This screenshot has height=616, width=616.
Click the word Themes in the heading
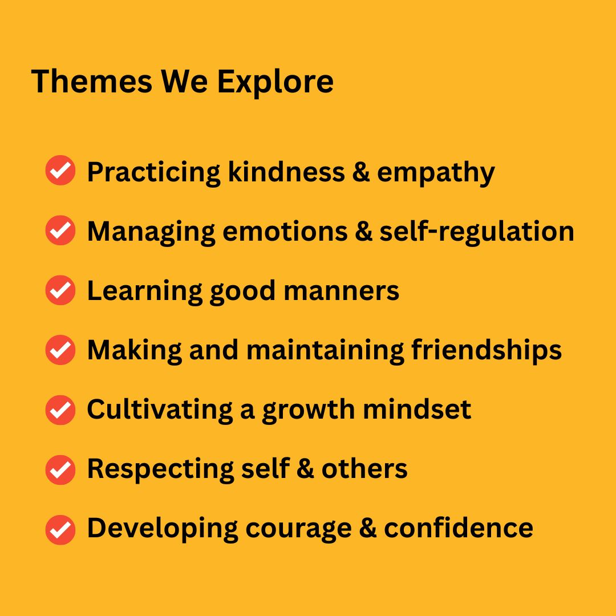click(x=91, y=82)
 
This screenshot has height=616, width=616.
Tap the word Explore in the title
click(x=275, y=83)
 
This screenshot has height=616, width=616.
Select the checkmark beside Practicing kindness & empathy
click(x=60, y=170)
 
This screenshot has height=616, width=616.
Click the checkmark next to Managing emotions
click(x=60, y=230)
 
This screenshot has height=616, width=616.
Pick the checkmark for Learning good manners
click(x=60, y=290)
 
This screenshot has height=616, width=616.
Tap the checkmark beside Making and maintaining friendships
click(x=60, y=350)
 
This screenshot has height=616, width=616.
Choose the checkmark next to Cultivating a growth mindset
click(x=60, y=410)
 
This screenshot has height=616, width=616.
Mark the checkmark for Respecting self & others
click(x=60, y=469)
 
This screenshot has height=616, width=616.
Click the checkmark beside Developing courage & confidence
click(x=60, y=529)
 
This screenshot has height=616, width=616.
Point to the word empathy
click(x=436, y=173)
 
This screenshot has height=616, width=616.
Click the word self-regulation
click(x=476, y=232)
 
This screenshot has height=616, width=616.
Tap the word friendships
click(x=487, y=350)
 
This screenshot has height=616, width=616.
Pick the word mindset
click(x=417, y=410)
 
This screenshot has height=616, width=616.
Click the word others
click(x=364, y=469)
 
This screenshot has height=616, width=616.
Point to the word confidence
click(x=459, y=528)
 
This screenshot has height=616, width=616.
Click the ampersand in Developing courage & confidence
click(x=368, y=528)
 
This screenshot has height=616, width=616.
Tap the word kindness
click(x=286, y=172)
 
